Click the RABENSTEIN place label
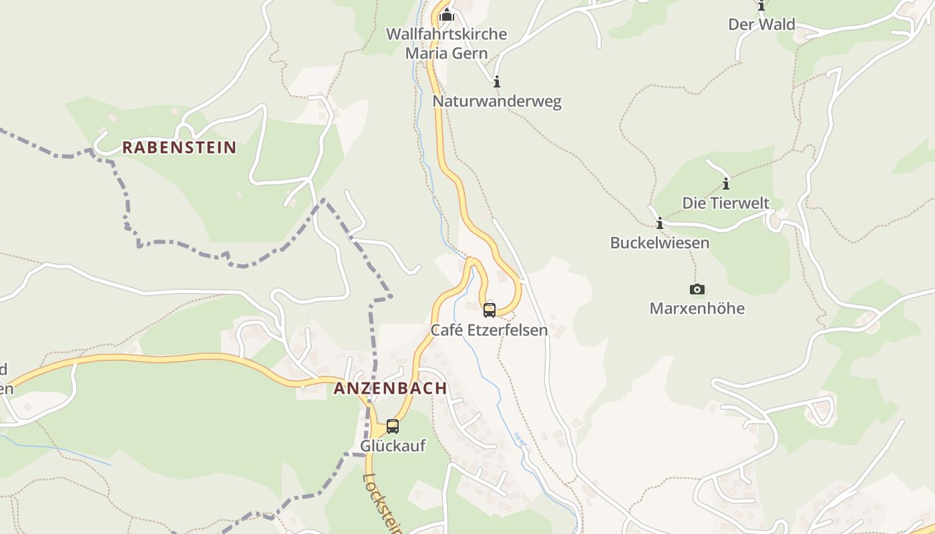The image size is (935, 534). tap(179, 148)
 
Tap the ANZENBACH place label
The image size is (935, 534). tap(390, 388)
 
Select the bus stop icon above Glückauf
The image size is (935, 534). tap(393, 426)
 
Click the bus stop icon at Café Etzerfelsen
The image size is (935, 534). tap(490, 310)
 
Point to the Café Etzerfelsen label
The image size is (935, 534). tap(489, 330)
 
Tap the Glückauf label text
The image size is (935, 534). tap(393, 445)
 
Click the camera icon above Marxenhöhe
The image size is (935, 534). tap(697, 289)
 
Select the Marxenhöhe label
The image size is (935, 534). tap(697, 308)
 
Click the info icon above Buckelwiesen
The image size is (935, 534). tap(660, 223)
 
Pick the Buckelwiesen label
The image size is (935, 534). tap(660, 243)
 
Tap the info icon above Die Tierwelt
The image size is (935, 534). tap(725, 184)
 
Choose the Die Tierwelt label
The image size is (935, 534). tap(725, 203)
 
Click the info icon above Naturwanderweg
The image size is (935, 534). tap(496, 82)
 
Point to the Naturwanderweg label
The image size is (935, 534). tap(497, 101)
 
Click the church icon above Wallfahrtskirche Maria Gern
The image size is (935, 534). tap(447, 14)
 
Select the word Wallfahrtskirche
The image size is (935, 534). tap(447, 33)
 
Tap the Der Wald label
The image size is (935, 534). tap(761, 25)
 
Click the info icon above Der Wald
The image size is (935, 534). tap(761, 6)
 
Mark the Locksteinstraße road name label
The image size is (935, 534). tap(382, 504)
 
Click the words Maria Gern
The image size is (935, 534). tap(447, 53)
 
